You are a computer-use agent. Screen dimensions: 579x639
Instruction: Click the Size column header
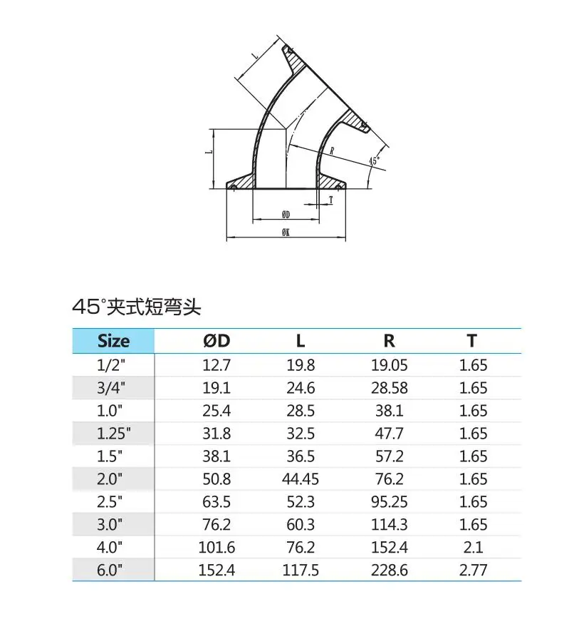coord(113,341)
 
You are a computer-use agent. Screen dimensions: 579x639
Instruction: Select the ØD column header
coord(217,341)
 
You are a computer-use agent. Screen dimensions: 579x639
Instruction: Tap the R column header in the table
coord(390,341)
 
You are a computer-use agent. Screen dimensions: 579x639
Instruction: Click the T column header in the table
coord(472,341)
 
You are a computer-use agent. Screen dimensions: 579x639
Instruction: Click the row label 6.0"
coord(110,570)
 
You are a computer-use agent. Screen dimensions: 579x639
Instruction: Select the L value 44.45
coord(301,479)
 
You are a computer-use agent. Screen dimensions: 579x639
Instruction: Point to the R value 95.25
coord(390,501)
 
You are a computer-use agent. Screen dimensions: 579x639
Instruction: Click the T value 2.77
coord(473,570)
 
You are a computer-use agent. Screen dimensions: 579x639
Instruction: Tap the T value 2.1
coord(473,547)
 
